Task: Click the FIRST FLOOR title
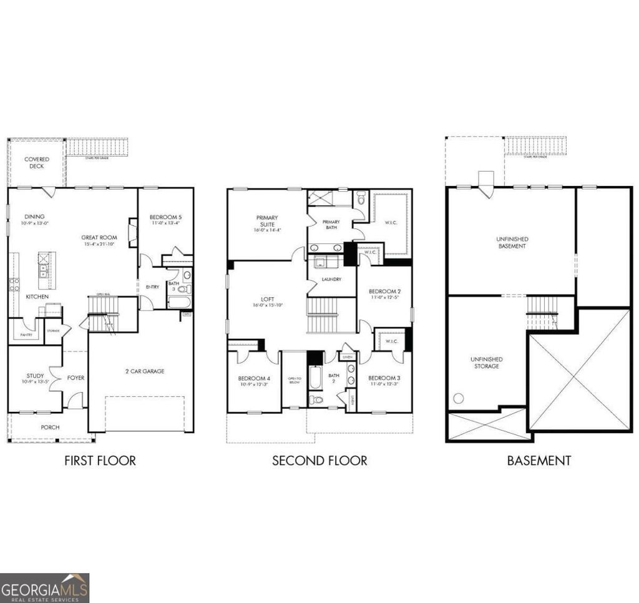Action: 100,461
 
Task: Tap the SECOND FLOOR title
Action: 319,461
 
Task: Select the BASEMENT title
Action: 539,461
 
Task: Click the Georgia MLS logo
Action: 44,587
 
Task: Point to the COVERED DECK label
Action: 37,163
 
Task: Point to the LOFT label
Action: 268,301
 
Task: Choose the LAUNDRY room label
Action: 331,279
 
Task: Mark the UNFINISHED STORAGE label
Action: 486,363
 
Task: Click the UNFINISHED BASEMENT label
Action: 512,242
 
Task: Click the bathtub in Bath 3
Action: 178,303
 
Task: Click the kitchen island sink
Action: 44,271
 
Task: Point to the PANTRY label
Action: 26,335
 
